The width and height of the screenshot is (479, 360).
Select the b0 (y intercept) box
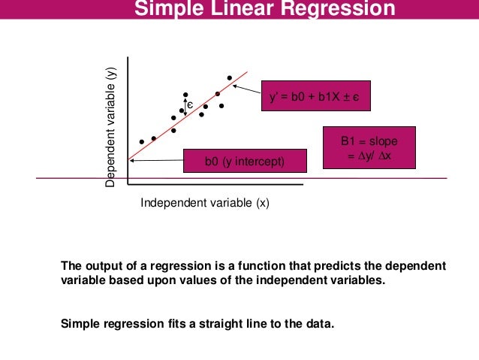[x=246, y=160]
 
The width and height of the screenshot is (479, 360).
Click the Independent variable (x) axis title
[x=205, y=203]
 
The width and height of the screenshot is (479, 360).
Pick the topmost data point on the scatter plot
[x=230, y=77]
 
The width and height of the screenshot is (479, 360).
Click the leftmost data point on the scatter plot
[x=141, y=141]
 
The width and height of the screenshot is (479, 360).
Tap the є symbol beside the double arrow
[x=191, y=105]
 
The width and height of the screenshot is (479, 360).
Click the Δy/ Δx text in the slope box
[x=369, y=155]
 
